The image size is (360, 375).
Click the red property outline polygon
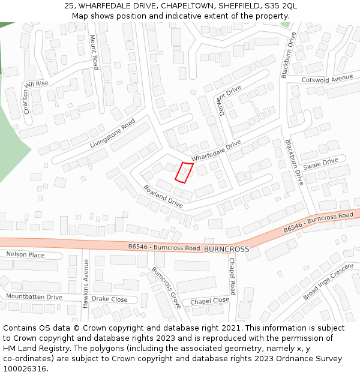pyautogui.click(x=184, y=172)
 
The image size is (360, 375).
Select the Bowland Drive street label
pyautogui.click(x=163, y=196)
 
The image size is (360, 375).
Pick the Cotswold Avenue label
pyautogui.click(x=327, y=79)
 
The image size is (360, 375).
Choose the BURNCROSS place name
pyautogui.click(x=226, y=248)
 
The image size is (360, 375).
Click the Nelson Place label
pyautogui.click(x=25, y=255)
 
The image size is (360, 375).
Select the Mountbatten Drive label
pyautogui.click(x=34, y=297)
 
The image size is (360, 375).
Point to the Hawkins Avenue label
pyautogui.click(x=86, y=284)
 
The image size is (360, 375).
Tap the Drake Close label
pyautogui.click(x=109, y=299)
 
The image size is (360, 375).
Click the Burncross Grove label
pyautogui.click(x=166, y=288)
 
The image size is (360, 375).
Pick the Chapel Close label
pyautogui.click(x=209, y=301)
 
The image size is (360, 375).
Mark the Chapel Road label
pyautogui.click(x=232, y=276)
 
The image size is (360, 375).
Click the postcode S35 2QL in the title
pyautogui.click(x=281, y=6)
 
